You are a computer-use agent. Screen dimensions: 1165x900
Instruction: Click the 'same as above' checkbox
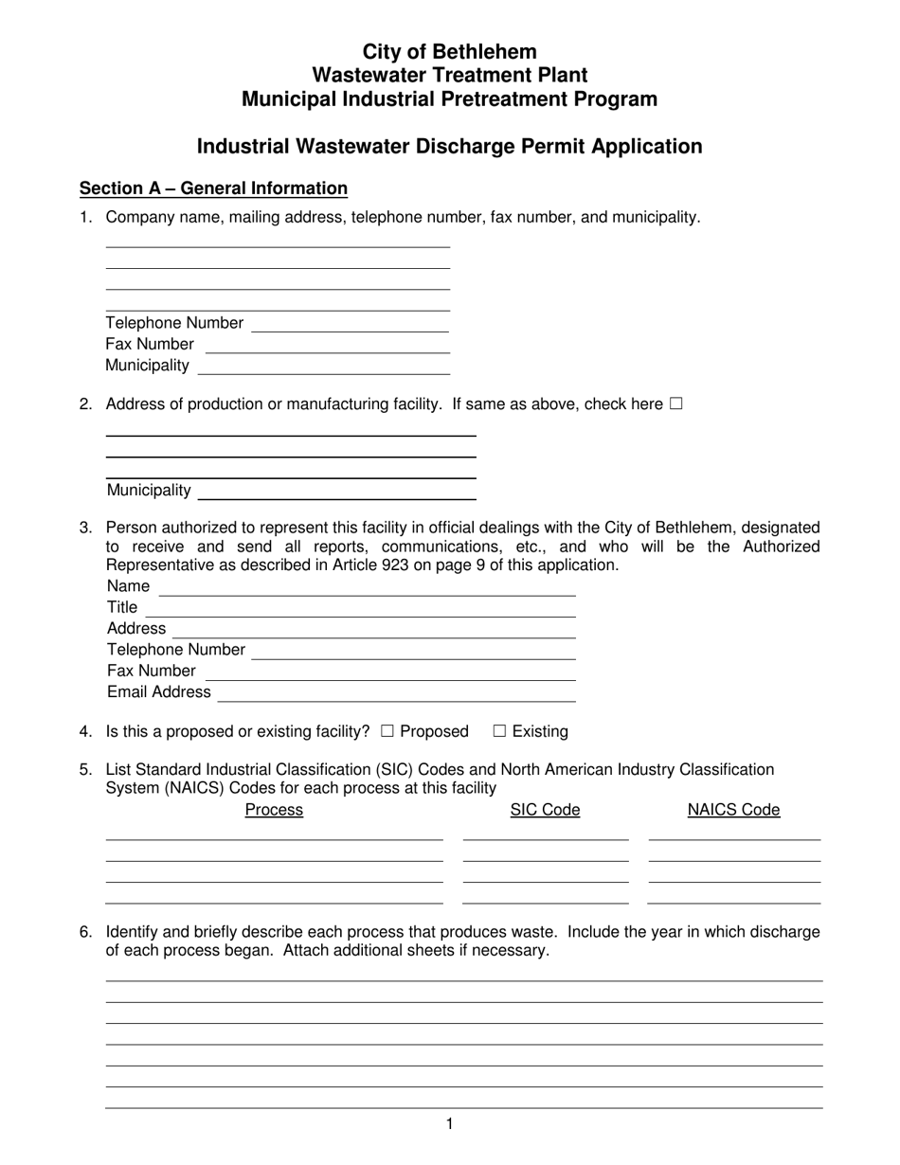[675, 403]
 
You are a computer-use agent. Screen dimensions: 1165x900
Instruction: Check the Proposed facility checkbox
[387, 731]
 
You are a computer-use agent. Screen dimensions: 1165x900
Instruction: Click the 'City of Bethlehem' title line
[449, 52]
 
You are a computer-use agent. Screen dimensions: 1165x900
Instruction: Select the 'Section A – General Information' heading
[213, 188]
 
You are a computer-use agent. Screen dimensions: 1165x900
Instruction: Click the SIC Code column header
[545, 810]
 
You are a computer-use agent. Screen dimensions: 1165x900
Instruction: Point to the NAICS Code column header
[733, 810]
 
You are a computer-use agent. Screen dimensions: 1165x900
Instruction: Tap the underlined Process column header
[274, 810]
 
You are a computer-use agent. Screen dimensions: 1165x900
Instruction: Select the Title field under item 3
[360, 608]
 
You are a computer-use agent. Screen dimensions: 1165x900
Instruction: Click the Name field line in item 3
[368, 587]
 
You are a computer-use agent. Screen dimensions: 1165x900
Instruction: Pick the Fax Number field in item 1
[327, 345]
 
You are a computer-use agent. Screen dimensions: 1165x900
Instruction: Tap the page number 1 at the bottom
[449, 1124]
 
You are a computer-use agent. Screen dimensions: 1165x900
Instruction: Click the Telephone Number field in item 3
[414, 651]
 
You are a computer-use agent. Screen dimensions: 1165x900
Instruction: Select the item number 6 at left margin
[86, 932]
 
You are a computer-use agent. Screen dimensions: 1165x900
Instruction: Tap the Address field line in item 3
[374, 630]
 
